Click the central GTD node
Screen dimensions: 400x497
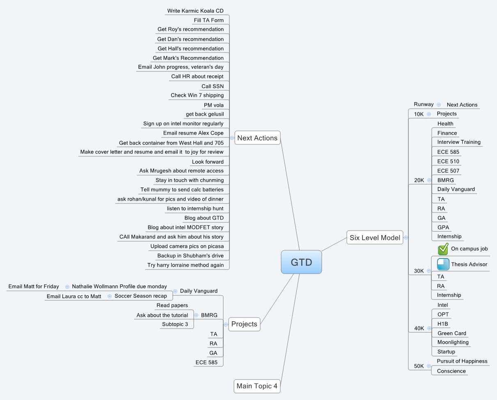301,262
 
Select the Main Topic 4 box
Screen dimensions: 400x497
257,386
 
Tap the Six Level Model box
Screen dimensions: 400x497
375,238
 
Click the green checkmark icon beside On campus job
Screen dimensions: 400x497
443,249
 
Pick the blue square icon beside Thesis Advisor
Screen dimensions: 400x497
443,264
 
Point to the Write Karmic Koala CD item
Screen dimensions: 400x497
195,11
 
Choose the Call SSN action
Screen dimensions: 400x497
213,86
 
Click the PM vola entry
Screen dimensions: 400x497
214,105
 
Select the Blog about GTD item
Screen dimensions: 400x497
204,218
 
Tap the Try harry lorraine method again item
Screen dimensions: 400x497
186,265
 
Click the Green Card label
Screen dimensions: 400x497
451,333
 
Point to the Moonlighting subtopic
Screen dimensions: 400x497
453,342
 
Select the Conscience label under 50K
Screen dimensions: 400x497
451,371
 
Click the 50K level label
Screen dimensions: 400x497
419,366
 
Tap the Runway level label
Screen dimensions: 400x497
424,104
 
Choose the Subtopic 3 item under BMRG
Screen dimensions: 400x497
175,324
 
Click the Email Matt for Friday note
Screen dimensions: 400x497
34,286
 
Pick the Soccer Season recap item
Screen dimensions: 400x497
141,296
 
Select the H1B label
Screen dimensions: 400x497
443,324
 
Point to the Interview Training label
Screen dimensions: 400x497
459,142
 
